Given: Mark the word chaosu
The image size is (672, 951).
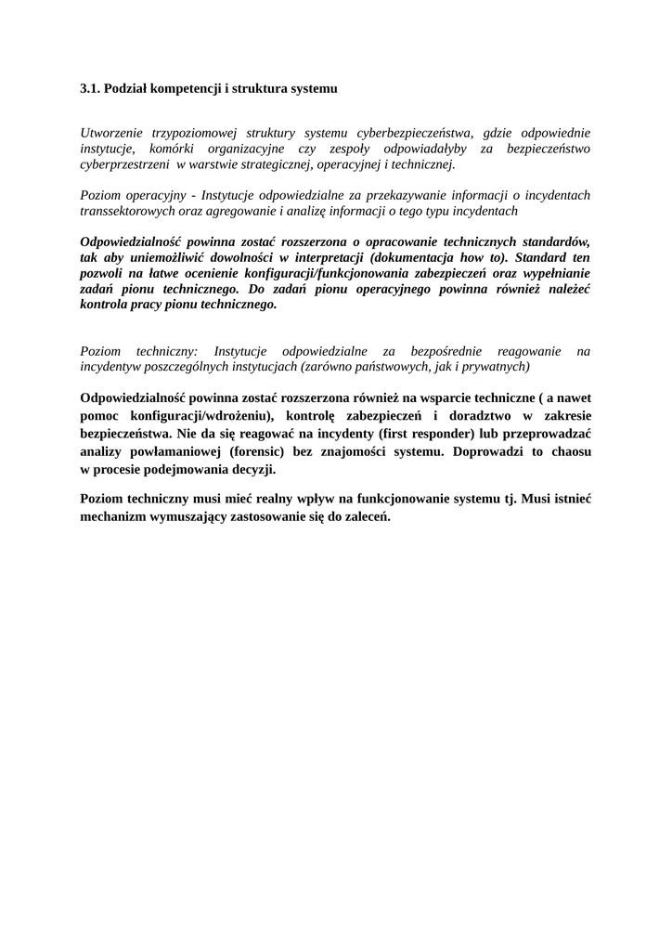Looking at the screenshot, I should pos(568,451).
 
